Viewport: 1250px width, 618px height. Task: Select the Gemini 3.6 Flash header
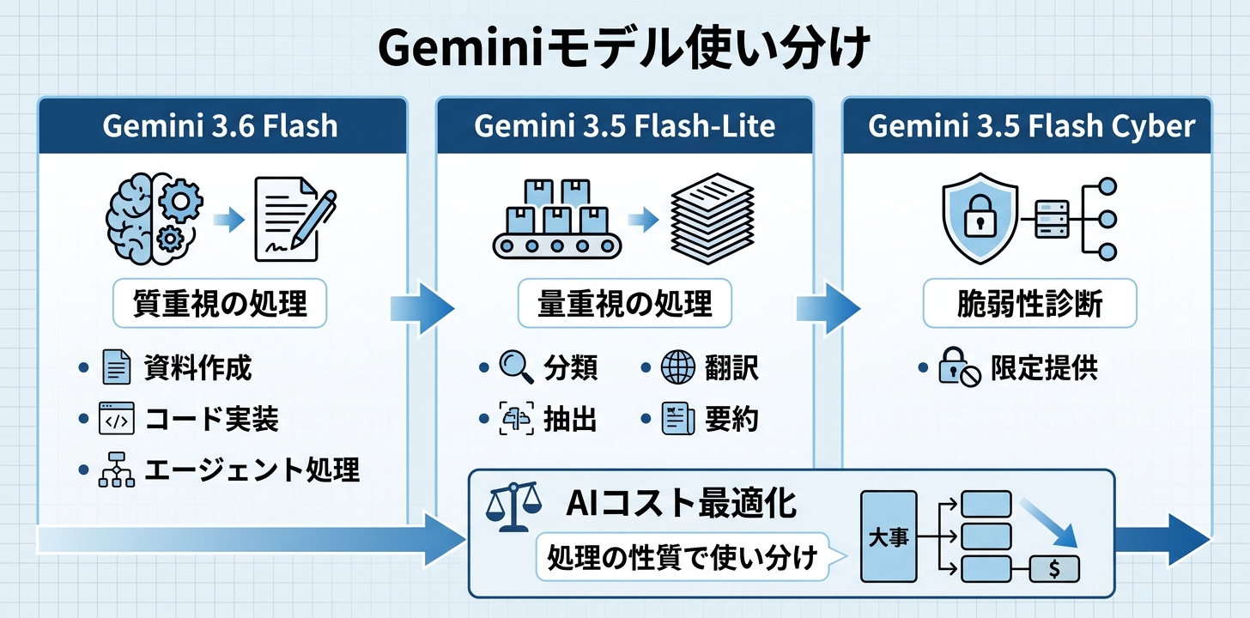tap(221, 125)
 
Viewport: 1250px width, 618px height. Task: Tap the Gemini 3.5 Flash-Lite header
tap(624, 125)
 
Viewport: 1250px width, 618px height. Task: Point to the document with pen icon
tap(295, 219)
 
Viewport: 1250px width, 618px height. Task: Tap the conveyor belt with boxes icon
tap(557, 219)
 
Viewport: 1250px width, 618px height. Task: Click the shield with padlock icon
tap(980, 218)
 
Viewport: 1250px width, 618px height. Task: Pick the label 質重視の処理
tap(220, 304)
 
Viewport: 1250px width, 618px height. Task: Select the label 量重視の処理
tap(624, 304)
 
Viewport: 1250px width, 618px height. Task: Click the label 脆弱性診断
tap(1030, 304)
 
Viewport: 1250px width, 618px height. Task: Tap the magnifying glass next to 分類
tap(516, 367)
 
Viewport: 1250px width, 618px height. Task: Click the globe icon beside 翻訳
tap(678, 367)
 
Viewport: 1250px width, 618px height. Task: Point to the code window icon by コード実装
tap(117, 418)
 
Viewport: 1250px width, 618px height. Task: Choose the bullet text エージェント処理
tap(252, 470)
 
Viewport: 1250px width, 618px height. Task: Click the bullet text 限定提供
tap(1045, 367)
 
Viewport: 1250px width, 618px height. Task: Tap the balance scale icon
tap(513, 506)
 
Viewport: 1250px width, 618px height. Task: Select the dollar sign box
tap(1054, 569)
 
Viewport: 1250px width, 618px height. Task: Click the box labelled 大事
tap(889, 536)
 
